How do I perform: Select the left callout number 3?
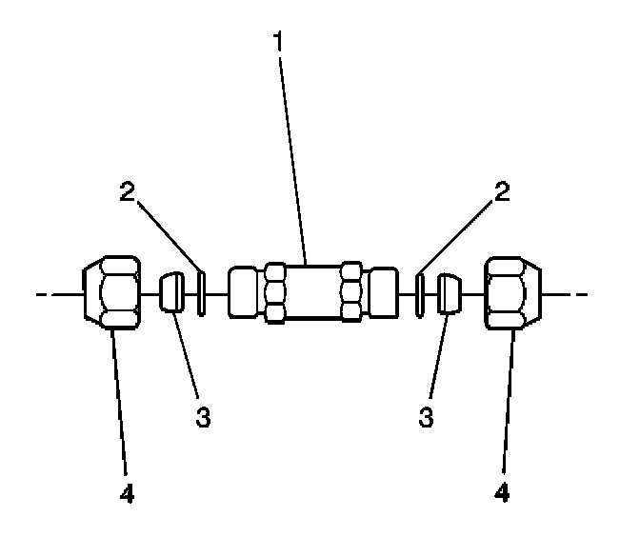[203, 416]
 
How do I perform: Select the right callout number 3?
[427, 416]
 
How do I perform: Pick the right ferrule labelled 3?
[450, 293]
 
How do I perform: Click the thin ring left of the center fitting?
[202, 293]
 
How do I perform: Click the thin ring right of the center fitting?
[420, 293]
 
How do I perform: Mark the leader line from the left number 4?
[120, 409]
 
